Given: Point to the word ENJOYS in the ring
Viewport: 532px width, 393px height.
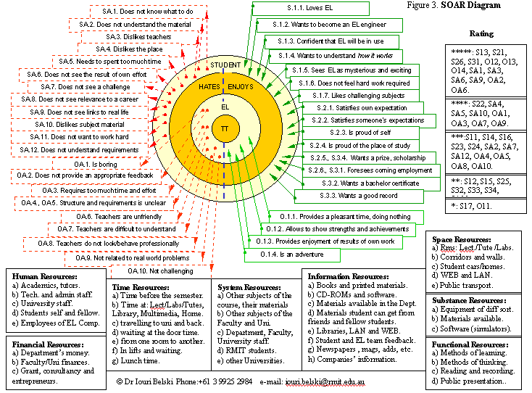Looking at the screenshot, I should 241,87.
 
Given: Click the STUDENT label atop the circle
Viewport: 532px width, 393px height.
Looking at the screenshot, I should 225,65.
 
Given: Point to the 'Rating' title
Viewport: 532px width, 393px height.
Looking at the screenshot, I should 481,34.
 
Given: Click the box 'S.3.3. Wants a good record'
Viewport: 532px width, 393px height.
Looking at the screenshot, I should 347,195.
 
